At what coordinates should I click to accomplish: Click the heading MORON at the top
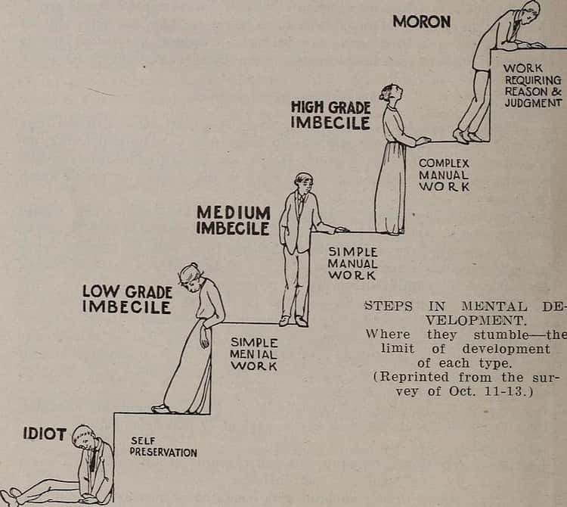[x=421, y=21]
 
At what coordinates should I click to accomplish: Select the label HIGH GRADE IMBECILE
[x=330, y=115]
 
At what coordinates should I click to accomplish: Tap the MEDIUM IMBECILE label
[x=233, y=219]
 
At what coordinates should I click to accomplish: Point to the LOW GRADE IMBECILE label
[x=127, y=299]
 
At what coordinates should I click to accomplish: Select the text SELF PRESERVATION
[x=163, y=446]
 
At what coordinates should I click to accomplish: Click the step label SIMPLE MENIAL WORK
[x=254, y=354]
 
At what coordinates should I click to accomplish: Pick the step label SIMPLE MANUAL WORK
[x=352, y=263]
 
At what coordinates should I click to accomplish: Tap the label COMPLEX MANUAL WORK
[x=444, y=174]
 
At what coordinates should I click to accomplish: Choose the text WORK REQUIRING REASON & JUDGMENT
[x=533, y=85]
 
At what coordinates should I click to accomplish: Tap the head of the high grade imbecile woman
[x=388, y=94]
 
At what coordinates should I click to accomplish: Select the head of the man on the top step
[x=531, y=11]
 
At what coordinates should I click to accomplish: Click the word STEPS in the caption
[x=388, y=306]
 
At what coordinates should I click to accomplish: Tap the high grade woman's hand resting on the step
[x=423, y=140]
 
